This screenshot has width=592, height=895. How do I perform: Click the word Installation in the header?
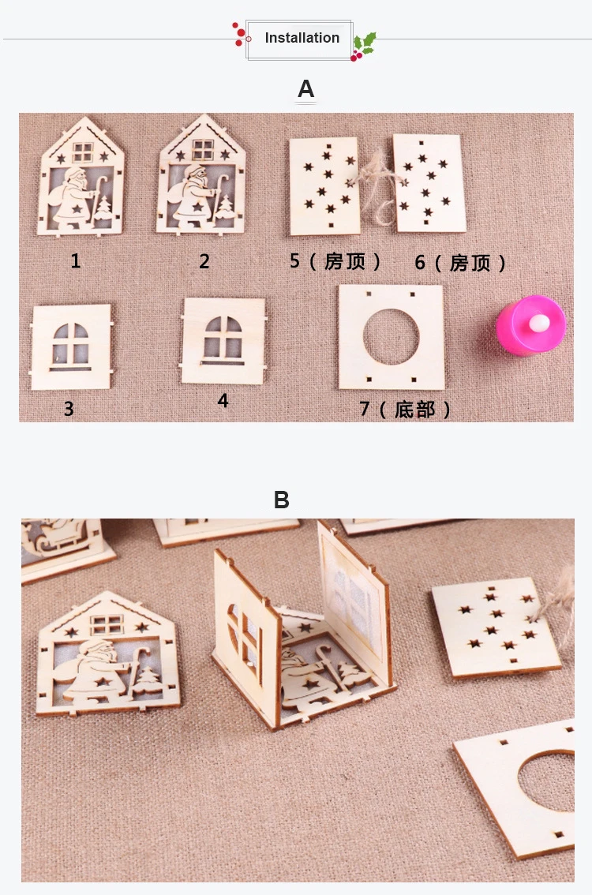[x=302, y=38]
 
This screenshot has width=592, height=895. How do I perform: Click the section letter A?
[x=306, y=89]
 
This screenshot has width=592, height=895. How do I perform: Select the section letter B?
[x=282, y=500]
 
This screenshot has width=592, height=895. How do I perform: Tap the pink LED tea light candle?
[x=531, y=325]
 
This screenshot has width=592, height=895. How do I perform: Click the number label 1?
[x=75, y=261]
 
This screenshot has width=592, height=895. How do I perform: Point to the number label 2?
[x=204, y=261]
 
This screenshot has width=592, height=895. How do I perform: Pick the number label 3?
[x=69, y=409]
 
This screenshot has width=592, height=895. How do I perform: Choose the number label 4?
[x=223, y=401]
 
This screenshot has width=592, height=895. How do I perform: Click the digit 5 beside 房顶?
[x=294, y=261]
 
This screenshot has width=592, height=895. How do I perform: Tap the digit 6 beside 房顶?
[x=420, y=263]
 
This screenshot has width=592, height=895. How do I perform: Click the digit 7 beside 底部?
[x=364, y=409]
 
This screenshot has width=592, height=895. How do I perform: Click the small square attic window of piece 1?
[x=83, y=152]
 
